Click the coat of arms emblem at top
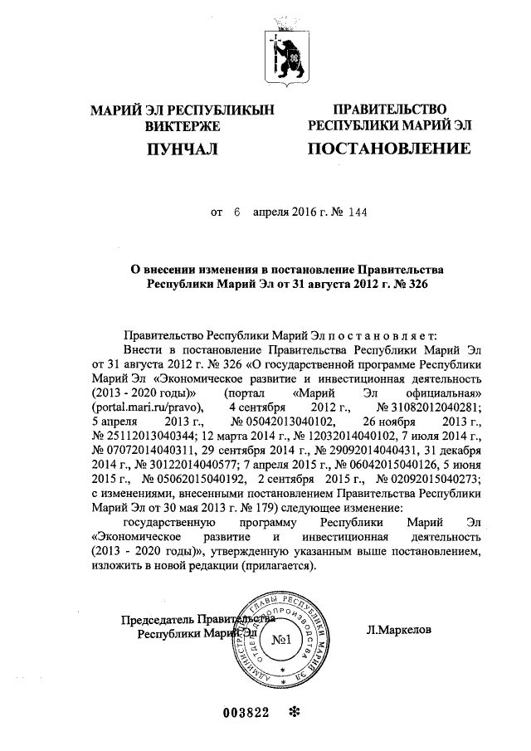(x=287, y=54)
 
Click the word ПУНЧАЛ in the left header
(x=182, y=149)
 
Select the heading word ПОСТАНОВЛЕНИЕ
(x=389, y=149)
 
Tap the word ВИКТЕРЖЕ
(x=182, y=126)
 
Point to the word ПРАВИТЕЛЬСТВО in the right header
(x=389, y=110)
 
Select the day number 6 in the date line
(x=236, y=212)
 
